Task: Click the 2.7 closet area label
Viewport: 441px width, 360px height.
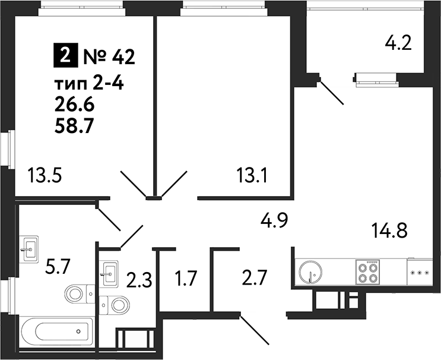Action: coord(255,277)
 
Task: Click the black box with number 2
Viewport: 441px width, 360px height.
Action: coord(64,57)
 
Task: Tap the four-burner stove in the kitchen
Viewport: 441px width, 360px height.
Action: coord(367,273)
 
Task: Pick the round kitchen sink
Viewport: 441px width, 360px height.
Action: coord(310,273)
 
